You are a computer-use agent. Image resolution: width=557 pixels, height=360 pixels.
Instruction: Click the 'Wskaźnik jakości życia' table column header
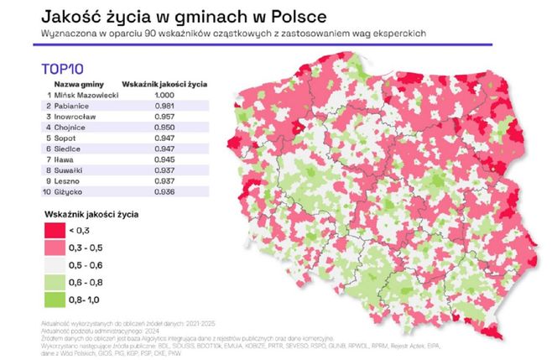pyautogui.click(x=165, y=84)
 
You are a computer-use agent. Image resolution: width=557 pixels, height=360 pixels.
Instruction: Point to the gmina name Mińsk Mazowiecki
pyautogui.click(x=86, y=95)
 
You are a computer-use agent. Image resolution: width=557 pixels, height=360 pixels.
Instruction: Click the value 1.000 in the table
pyautogui.click(x=165, y=95)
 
